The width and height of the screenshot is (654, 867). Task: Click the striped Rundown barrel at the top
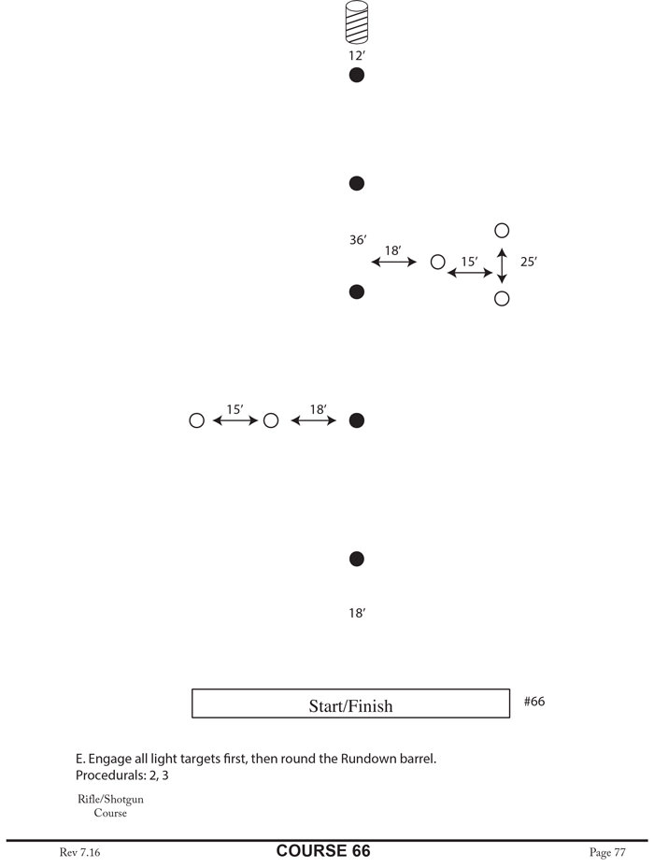(356, 22)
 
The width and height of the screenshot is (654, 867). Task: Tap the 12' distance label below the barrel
(356, 56)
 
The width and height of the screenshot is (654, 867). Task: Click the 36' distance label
(357, 240)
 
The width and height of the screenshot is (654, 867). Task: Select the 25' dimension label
(529, 263)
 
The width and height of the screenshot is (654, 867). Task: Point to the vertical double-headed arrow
(502, 265)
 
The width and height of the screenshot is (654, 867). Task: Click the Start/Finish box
(350, 704)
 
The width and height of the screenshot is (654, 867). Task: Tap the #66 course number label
(534, 701)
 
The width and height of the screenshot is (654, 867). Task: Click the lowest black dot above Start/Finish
(356, 559)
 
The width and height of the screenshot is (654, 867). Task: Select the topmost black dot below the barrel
(356, 76)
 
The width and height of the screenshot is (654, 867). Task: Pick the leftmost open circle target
(196, 421)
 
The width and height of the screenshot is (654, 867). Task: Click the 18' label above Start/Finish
(356, 614)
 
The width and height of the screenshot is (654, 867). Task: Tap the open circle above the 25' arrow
(502, 230)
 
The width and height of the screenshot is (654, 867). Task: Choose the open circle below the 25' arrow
(502, 299)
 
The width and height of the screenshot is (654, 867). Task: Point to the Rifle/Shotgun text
(110, 800)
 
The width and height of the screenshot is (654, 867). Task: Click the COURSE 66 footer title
(323, 851)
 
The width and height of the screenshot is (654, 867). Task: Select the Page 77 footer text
(607, 852)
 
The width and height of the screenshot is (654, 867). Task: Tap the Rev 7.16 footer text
(78, 852)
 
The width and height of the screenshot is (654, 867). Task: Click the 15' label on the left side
(235, 409)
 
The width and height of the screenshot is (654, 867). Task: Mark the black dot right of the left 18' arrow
(356, 421)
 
